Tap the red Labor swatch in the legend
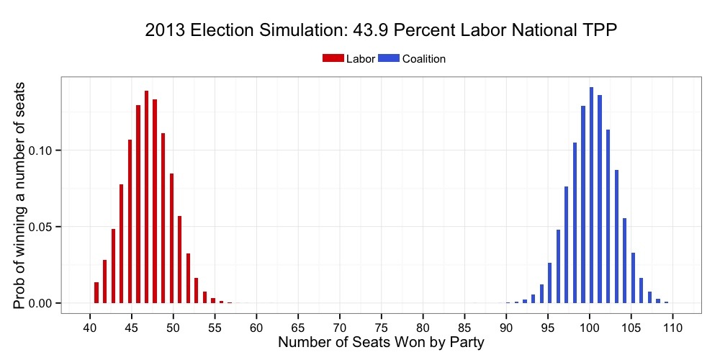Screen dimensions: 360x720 point(333,58)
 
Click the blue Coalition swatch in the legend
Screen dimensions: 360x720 point(389,58)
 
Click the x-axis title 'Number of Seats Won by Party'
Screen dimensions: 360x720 point(381,343)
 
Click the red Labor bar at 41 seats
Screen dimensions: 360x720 point(96,292)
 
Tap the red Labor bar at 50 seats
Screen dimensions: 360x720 point(171,238)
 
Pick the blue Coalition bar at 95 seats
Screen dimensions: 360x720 point(549,283)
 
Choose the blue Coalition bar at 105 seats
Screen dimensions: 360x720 point(633,278)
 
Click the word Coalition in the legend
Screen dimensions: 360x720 point(424,59)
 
